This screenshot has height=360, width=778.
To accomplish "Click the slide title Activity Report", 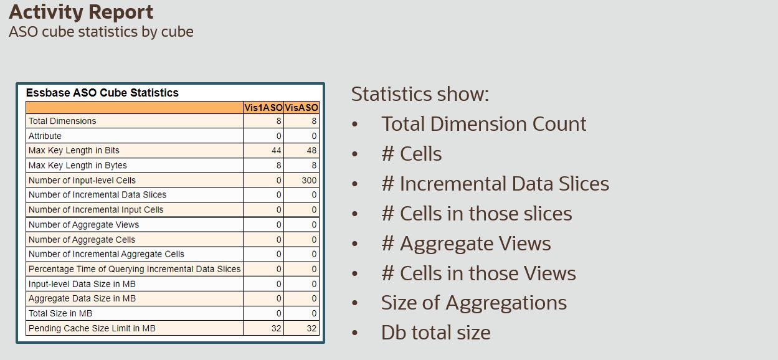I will [x=81, y=12].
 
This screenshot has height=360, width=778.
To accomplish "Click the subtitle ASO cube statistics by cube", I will [x=101, y=32].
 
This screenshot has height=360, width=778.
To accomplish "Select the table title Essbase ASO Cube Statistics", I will [x=102, y=93].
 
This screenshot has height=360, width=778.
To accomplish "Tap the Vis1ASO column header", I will [x=263, y=107].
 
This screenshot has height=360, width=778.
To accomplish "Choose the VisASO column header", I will [x=301, y=107].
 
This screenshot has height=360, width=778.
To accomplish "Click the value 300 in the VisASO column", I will [x=309, y=180].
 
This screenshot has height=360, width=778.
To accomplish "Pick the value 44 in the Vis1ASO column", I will [x=276, y=150].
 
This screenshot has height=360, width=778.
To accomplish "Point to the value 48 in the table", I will [x=311, y=150].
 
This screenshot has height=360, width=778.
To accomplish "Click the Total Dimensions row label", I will [x=62, y=121].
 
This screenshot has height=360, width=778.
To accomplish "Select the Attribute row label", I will [x=45, y=136].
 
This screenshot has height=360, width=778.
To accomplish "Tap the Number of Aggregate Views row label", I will [x=83, y=224].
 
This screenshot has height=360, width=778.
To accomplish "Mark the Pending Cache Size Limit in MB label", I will [x=92, y=328].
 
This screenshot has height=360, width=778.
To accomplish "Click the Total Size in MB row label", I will [x=60, y=313].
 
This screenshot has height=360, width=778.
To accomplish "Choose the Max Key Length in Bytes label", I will [x=77, y=165].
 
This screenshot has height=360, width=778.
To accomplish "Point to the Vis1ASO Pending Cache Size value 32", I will [x=276, y=328].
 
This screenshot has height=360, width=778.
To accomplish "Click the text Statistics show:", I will [x=420, y=94].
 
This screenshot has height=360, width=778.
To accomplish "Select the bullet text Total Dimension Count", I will [x=483, y=124].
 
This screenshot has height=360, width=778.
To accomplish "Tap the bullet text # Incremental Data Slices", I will [x=495, y=184].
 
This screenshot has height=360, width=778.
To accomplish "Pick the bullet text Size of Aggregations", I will [x=473, y=303].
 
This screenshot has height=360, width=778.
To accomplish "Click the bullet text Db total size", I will [x=435, y=333].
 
